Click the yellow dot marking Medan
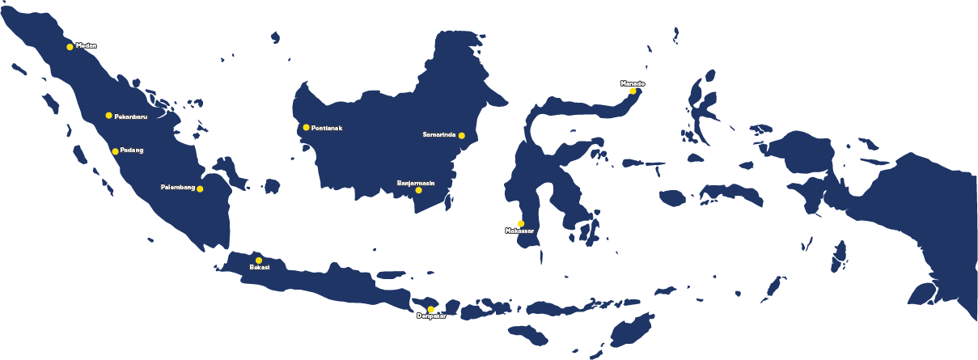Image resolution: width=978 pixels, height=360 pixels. coord(70,47)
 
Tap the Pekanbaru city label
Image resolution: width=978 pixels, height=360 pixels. coord(131,116)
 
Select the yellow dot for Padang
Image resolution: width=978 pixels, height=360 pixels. coord(116,151)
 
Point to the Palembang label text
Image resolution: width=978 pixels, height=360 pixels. coord(178,188)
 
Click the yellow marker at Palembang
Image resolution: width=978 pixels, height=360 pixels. coord(201,189)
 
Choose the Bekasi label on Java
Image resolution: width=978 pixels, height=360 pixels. coord(259,268)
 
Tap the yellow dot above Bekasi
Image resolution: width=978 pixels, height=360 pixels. coord(259,260)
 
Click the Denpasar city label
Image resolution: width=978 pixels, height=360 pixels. coord(431,316)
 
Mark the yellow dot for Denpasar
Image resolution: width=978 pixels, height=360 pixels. coord(431,310)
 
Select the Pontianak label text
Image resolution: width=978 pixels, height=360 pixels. coord(327,128)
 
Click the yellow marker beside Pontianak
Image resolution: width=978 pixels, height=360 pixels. coord(307,127)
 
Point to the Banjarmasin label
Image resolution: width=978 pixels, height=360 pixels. coord(416,183)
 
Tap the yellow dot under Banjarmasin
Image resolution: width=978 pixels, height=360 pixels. coord(418,190)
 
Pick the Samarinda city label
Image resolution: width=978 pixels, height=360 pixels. coord(439,134)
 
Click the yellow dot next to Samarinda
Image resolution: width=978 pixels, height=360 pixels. coord(462,135)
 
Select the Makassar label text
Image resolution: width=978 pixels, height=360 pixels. coord(519,231)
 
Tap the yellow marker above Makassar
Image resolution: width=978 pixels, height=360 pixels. coord(521,223)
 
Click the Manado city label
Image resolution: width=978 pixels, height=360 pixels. coord(633,83)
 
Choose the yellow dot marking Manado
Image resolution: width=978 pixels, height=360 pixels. coord(633,91)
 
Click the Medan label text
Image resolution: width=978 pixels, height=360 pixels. coord(86,45)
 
